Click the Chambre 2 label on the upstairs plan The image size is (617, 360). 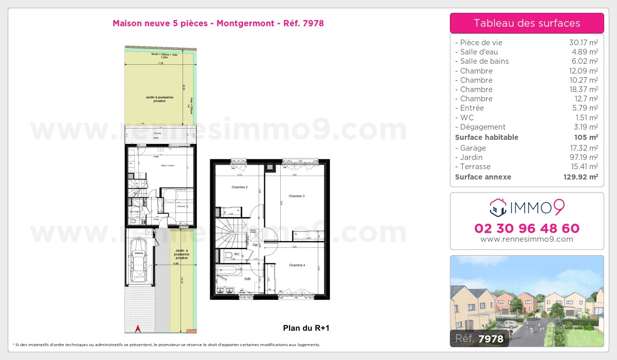pyautogui.click(x=239, y=187)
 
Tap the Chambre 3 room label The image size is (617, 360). pyautogui.click(x=297, y=196)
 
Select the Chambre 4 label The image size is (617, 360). pyautogui.click(x=297, y=265)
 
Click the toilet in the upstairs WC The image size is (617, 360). pyautogui.click(x=228, y=255)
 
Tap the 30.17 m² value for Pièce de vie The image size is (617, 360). pyautogui.click(x=583, y=43)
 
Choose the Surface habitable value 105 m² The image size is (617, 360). pyautogui.click(x=586, y=137)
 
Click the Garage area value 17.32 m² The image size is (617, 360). pyautogui.click(x=583, y=148)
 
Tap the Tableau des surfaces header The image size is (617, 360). pyautogui.click(x=527, y=23)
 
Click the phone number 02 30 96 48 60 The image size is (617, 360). pyautogui.click(x=527, y=228)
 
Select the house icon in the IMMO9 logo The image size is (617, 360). pyautogui.click(x=497, y=208)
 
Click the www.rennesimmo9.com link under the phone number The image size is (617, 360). pyautogui.click(x=527, y=239)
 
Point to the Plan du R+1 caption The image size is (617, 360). pyautogui.click(x=306, y=328)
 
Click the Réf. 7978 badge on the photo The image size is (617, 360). pyautogui.click(x=479, y=338)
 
